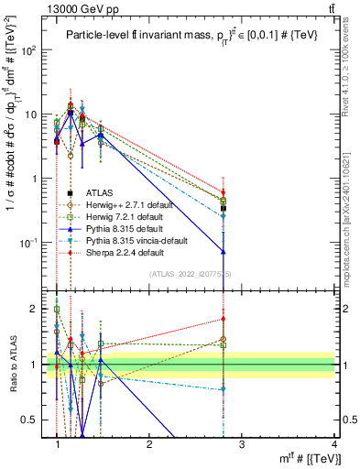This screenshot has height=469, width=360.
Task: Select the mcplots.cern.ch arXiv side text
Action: tap(352, 211)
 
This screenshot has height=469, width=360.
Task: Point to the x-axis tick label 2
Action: tap(149, 444)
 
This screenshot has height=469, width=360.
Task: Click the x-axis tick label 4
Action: tap(334, 444)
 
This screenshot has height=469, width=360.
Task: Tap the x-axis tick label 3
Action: tap(242, 444)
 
